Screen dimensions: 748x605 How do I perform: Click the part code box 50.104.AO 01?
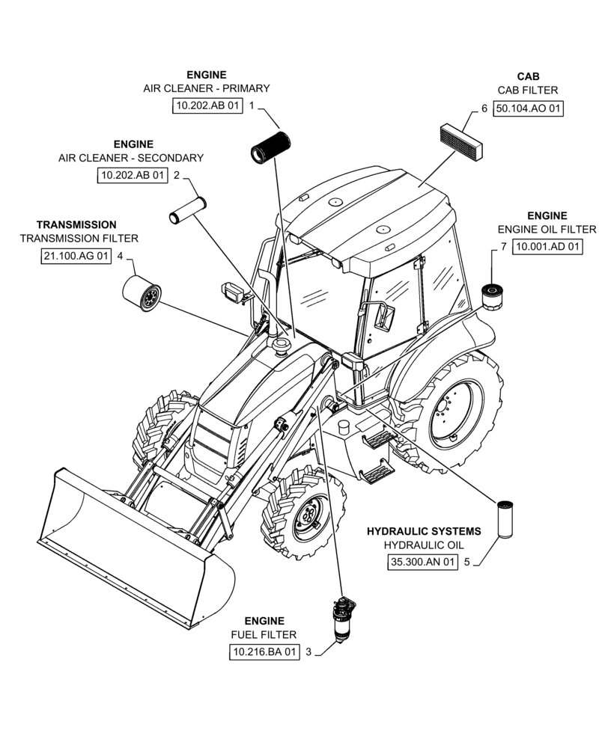pos(529,108)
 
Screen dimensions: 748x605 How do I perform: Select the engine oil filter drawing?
pos(490,293)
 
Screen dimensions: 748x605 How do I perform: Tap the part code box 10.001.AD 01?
pos(547,248)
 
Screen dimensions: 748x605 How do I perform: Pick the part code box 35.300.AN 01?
pos(422,562)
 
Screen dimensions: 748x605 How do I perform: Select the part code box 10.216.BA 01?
pos(264,653)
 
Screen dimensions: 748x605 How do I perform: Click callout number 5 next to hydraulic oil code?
pos(466,562)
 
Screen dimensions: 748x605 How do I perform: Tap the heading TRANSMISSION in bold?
pos(76,224)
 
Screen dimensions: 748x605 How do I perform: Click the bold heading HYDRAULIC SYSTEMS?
pos(424,531)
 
